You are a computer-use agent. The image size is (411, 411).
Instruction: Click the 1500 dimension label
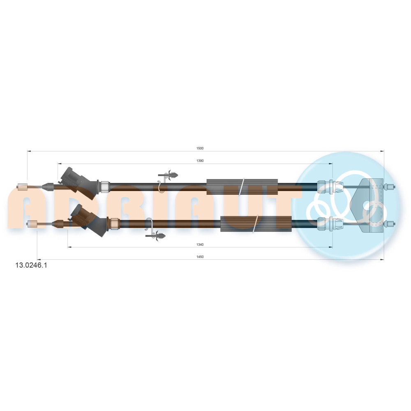click(x=200, y=148)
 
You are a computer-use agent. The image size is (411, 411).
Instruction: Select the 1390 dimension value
click(x=200, y=161)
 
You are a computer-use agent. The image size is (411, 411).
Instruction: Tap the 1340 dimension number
click(x=200, y=245)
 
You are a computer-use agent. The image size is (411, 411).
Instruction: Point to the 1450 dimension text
click(x=200, y=257)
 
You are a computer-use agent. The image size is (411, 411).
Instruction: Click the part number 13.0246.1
click(x=31, y=265)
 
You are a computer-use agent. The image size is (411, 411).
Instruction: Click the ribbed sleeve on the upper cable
click(x=242, y=187)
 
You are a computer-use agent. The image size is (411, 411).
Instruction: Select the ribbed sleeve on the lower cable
click(x=256, y=224)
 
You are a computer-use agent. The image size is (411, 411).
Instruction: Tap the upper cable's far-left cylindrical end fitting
click(x=22, y=187)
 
